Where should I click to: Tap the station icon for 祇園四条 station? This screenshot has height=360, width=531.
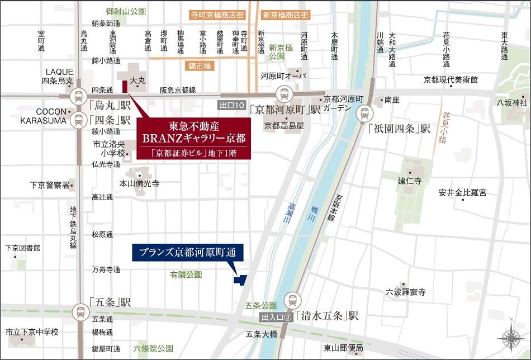[x=364, y=114]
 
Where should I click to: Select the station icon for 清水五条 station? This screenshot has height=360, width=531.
[x=292, y=301]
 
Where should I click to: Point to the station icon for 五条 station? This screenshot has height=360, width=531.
[x=80, y=311]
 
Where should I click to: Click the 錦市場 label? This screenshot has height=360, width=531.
[x=200, y=66]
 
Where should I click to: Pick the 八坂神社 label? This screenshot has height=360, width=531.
[x=512, y=102]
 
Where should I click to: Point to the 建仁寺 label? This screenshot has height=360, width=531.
[x=410, y=181]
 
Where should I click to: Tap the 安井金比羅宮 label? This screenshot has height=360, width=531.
[x=462, y=193]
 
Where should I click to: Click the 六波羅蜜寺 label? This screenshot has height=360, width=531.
[x=405, y=292]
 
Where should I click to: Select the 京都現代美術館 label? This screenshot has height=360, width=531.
[x=451, y=80]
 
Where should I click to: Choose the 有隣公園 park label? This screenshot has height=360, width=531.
[x=186, y=274]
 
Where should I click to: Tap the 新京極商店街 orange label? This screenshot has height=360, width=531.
[x=286, y=16]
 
